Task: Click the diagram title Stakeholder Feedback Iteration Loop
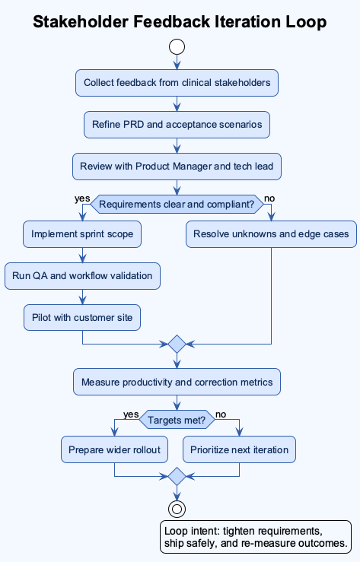click(x=180, y=22)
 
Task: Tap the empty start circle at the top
click(x=177, y=47)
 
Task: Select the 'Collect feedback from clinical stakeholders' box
click(x=177, y=83)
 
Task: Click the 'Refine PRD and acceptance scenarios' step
click(x=177, y=124)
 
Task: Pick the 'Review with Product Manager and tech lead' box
click(x=177, y=166)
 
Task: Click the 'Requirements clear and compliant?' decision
click(x=177, y=203)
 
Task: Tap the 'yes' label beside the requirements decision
click(x=81, y=198)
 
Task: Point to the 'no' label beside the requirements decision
click(x=269, y=198)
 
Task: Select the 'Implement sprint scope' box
click(x=82, y=234)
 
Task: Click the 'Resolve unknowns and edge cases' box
click(x=271, y=234)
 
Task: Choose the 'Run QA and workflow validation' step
click(x=82, y=275)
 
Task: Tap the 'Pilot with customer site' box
click(x=82, y=317)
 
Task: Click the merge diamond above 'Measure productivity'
click(x=177, y=344)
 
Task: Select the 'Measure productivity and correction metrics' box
click(x=177, y=382)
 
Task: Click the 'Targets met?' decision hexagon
click(x=177, y=419)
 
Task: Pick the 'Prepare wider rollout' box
click(x=114, y=449)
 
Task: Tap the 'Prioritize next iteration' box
click(x=239, y=449)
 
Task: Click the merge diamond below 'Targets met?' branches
click(x=177, y=477)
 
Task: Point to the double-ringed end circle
click(x=177, y=509)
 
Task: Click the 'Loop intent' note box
click(x=255, y=536)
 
